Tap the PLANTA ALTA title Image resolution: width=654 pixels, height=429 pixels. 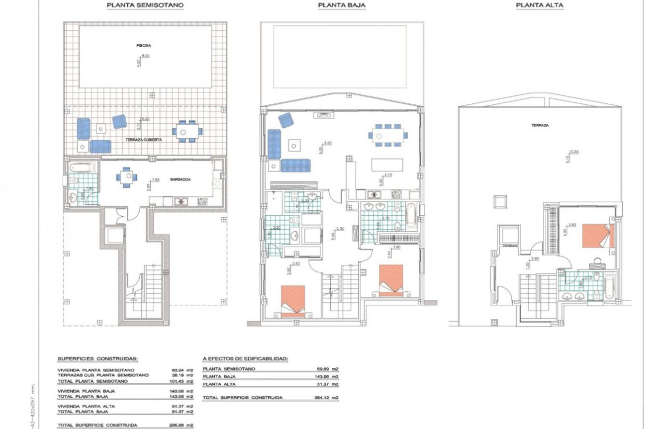tap(540, 5)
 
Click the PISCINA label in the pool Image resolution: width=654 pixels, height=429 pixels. tap(143, 45)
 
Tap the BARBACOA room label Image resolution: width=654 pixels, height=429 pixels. tap(180, 181)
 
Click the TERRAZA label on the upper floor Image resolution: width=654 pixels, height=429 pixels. tap(539, 126)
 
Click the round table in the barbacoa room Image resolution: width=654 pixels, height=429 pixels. tap(128, 176)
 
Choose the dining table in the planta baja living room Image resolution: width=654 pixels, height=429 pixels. tap(388, 135)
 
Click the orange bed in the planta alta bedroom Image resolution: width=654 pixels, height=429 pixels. tap(598, 236)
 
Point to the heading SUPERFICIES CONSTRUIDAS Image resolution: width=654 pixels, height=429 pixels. tap(97, 358)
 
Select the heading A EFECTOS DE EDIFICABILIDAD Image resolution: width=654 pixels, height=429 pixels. tap(245, 358)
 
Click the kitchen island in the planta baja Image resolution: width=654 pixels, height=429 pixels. tap(387, 165)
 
